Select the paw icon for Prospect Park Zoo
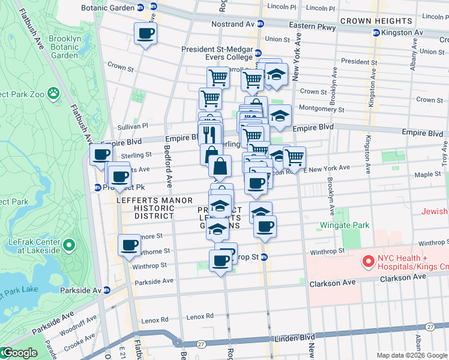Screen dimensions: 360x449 point(54,93)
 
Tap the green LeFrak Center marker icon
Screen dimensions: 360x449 point(70,245)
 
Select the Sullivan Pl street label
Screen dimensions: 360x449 point(133,127)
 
